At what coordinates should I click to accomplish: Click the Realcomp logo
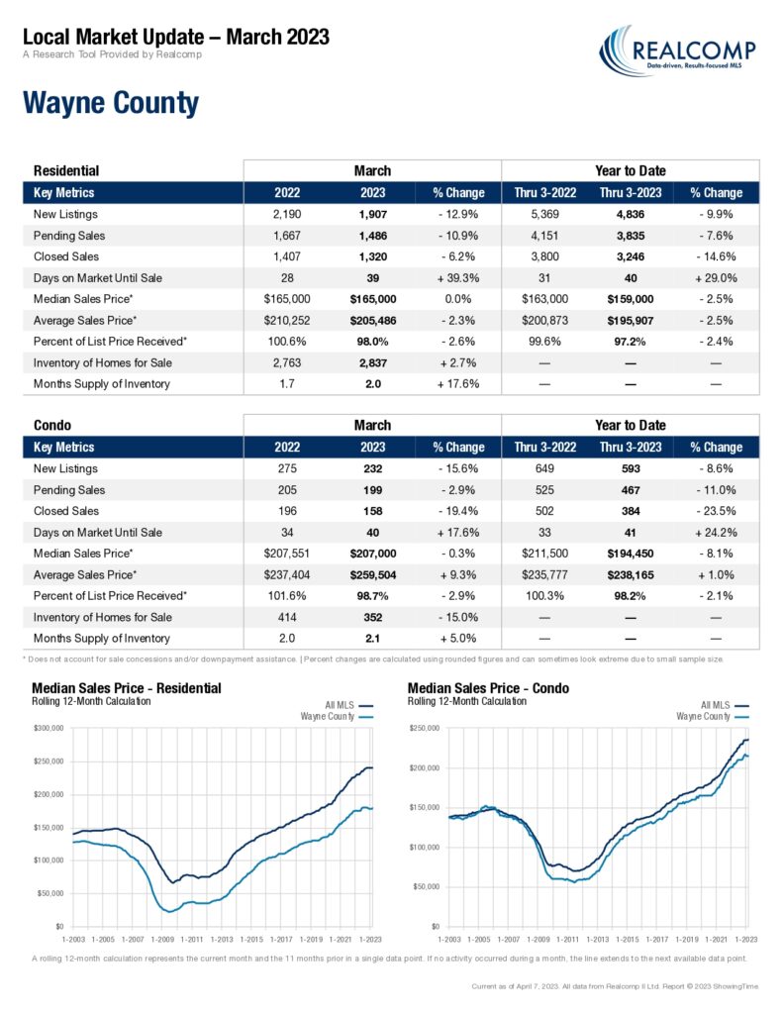[677, 51]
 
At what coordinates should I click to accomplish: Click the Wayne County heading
[111, 103]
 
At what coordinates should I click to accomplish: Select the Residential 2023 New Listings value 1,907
[372, 214]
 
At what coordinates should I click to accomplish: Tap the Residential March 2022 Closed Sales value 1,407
[287, 256]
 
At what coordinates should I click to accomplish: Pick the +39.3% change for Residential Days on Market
[458, 277]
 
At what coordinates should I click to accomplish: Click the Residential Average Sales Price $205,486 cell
[373, 320]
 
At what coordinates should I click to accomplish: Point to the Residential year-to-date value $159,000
[631, 299]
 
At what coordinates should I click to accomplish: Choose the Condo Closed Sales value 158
[372, 511]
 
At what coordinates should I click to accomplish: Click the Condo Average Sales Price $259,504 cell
[373, 574]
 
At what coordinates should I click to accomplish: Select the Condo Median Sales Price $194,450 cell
[631, 554]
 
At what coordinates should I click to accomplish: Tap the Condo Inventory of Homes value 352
[372, 617]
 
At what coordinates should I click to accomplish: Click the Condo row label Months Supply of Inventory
[102, 639]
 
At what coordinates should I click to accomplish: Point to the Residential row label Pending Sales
[69, 236]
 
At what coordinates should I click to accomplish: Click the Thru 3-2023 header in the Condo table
[631, 447]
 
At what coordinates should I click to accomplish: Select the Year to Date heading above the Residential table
[631, 170]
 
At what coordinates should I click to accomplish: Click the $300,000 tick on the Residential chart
[49, 728]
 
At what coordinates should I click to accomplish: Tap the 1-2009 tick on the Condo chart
[538, 939]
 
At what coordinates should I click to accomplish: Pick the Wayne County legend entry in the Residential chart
[337, 717]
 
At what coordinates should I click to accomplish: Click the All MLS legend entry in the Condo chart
[725, 705]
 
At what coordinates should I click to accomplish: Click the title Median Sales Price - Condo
[488, 688]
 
